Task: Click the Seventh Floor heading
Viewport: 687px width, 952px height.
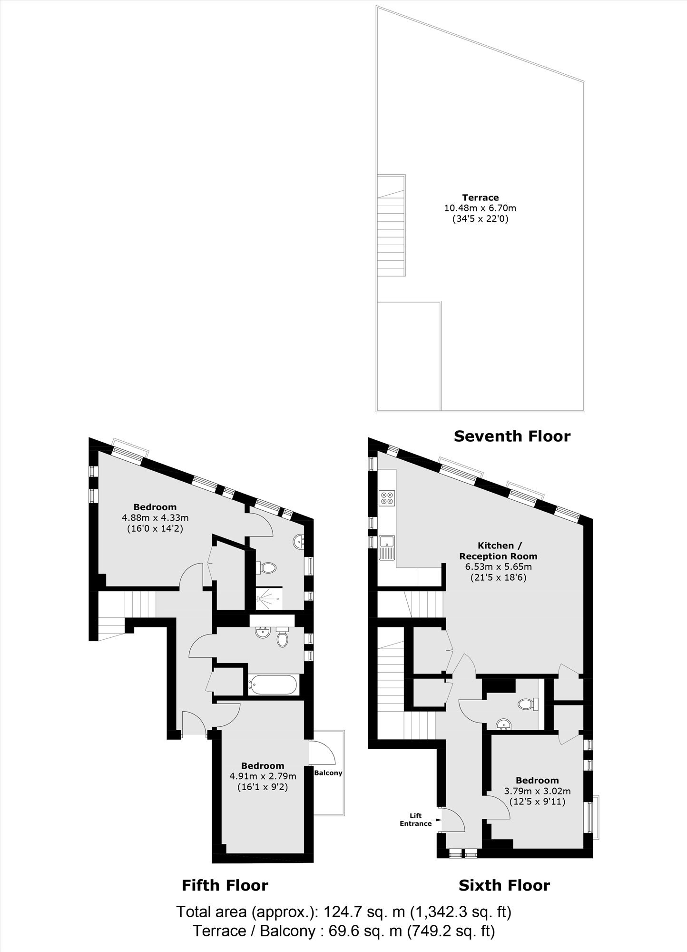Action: [x=512, y=436]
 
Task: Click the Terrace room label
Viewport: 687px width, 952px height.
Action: [x=481, y=198]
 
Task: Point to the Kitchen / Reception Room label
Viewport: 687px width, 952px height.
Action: [x=498, y=551]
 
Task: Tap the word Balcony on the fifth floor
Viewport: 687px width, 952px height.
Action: [x=328, y=773]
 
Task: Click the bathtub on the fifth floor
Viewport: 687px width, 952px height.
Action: [x=273, y=685]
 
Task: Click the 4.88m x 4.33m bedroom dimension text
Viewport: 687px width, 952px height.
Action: [x=155, y=517]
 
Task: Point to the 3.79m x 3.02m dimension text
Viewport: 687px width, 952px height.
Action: [x=537, y=791]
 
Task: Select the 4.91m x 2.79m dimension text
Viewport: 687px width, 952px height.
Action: [x=263, y=776]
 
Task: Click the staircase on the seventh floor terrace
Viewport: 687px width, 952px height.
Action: [x=392, y=225]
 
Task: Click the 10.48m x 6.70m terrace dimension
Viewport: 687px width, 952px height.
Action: [x=480, y=208]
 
